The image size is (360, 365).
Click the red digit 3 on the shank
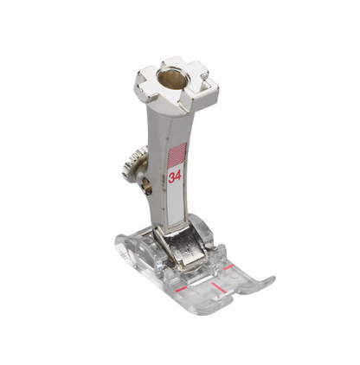171,176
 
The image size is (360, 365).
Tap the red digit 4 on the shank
177,176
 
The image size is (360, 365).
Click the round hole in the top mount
172,77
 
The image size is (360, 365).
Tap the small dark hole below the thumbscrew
147,187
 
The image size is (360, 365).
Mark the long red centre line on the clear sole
218,287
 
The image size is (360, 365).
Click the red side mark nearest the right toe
228,267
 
